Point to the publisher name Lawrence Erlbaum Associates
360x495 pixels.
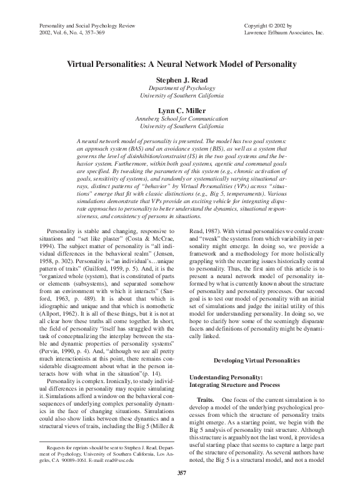pos(278,31)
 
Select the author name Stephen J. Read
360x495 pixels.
pos(180,81)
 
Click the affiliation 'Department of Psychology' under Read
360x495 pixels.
pos(180,88)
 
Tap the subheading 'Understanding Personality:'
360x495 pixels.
pos(225,378)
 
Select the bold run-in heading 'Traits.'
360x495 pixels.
pos(206,398)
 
